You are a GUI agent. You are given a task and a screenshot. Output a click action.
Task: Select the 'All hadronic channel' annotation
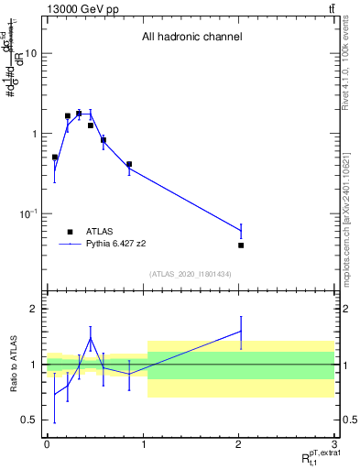pos(191,38)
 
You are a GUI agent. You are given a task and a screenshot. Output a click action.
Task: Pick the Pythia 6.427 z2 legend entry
pos(112,245)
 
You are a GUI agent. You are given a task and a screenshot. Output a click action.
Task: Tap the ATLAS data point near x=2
pos(241,245)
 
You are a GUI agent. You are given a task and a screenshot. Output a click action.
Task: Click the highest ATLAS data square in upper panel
pos(79,114)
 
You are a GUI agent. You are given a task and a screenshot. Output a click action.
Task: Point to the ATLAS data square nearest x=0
pos(55,158)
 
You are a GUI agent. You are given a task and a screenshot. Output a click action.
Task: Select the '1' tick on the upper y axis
pos(34,134)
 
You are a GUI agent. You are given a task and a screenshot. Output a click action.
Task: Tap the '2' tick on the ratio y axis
pos(34,309)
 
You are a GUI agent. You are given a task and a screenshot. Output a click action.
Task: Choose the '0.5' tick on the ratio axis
pos(29,420)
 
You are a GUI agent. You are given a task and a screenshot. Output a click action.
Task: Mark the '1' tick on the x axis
pos(143,443)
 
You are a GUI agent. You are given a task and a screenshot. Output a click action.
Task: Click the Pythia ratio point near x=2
pos(241,332)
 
